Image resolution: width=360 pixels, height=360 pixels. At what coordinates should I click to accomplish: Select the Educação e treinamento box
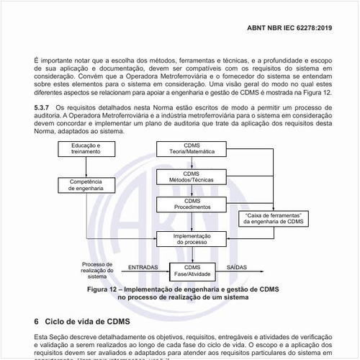86,149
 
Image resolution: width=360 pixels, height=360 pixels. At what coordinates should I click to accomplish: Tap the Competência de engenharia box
86,184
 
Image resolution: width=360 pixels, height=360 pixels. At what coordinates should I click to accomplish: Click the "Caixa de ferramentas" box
273,218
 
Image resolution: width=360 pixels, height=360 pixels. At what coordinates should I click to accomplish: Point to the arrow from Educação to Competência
86,166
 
